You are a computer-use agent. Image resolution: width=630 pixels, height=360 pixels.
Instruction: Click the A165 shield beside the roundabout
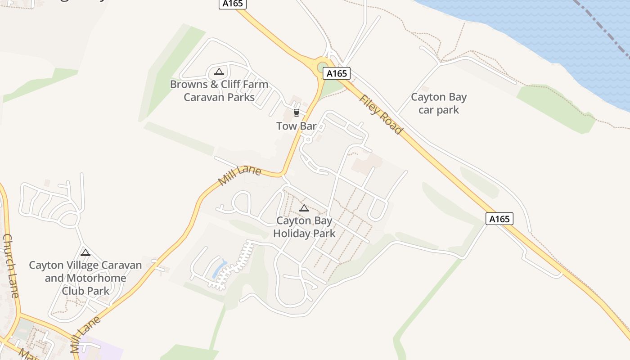[336, 73]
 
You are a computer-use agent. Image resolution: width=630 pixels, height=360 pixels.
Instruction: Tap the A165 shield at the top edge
[233, 4]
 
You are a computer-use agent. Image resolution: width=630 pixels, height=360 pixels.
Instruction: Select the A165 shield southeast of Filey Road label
[499, 219]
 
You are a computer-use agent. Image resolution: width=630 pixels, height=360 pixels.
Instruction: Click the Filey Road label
[380, 114]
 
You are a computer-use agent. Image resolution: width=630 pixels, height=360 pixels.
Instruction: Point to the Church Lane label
[11, 265]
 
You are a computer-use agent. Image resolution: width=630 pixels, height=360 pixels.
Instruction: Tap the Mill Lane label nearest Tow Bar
[239, 175]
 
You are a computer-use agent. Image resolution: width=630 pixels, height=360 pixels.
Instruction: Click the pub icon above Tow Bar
[296, 112]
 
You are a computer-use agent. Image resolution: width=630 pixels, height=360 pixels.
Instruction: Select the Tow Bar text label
[297, 126]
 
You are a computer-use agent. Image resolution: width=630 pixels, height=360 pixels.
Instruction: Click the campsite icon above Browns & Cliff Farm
[219, 72]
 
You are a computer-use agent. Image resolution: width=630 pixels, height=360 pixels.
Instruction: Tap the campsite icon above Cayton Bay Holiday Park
[304, 208]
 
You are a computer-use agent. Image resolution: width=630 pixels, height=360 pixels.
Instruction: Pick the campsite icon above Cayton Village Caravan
[85, 252]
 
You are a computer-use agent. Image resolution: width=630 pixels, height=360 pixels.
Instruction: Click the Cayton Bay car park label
[439, 103]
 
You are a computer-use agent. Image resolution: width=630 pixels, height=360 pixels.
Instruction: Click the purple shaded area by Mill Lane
[106, 351]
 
